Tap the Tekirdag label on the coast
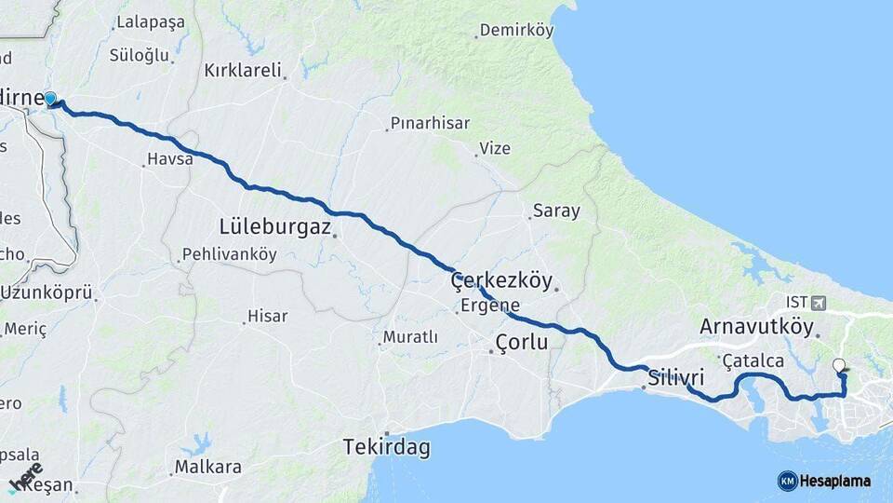coord(387,448)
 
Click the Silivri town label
coord(675,379)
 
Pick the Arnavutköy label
coord(756,327)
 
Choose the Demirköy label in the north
coord(516,31)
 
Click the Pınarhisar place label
coord(430,123)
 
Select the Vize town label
coord(495,148)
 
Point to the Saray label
coord(556,211)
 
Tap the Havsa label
coord(171,159)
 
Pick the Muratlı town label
coord(412,337)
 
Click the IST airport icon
coord(818,302)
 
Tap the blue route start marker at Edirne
coord(50,99)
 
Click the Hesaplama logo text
coord(834,481)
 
